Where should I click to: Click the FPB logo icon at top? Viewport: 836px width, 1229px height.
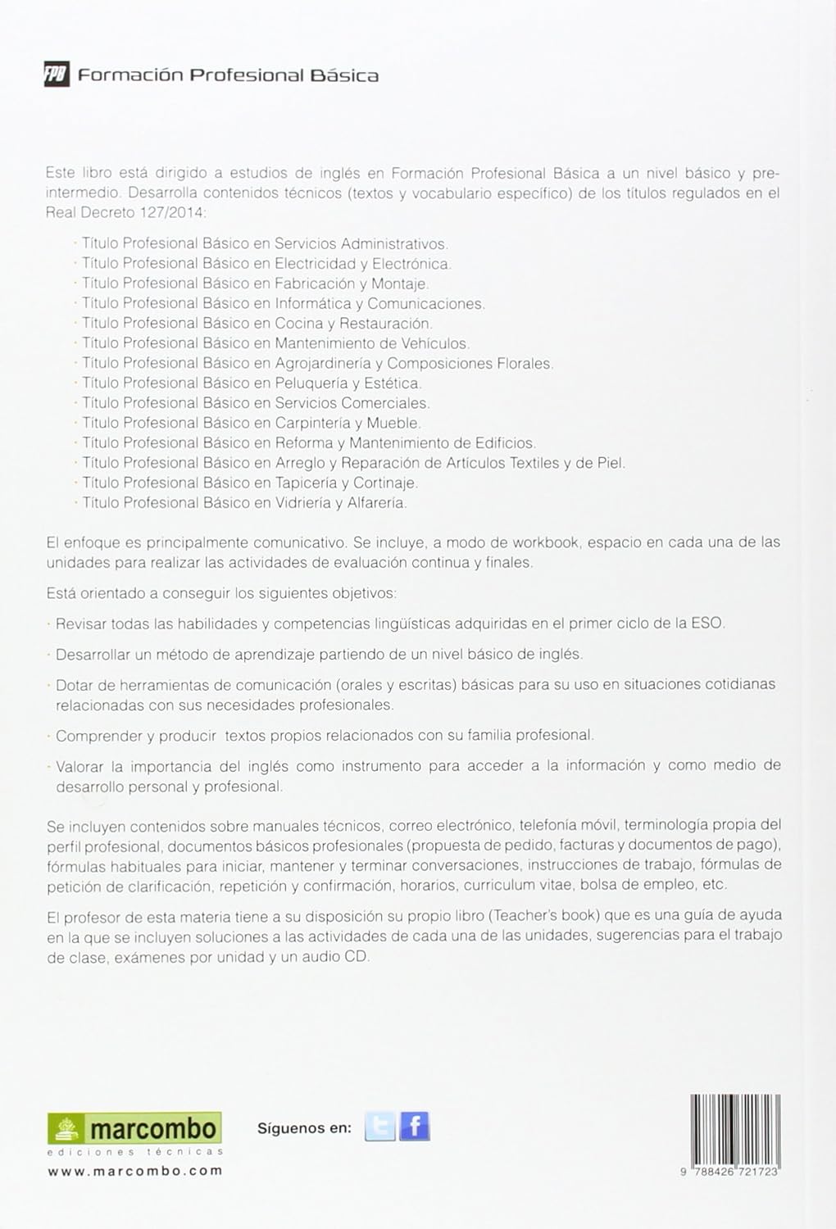pos(57,75)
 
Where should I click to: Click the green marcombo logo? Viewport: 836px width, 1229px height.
pos(134,1129)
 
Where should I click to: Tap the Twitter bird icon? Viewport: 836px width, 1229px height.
pos(379,1127)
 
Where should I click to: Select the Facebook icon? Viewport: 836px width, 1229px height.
pos(415,1127)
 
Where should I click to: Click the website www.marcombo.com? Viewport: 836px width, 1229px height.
pos(135,1171)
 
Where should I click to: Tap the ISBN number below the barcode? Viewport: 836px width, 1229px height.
pos(730,1173)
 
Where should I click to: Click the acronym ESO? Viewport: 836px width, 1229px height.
pos(707,624)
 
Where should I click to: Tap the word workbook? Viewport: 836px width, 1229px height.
pos(546,542)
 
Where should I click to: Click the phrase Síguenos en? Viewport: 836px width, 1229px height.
pos(304,1128)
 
